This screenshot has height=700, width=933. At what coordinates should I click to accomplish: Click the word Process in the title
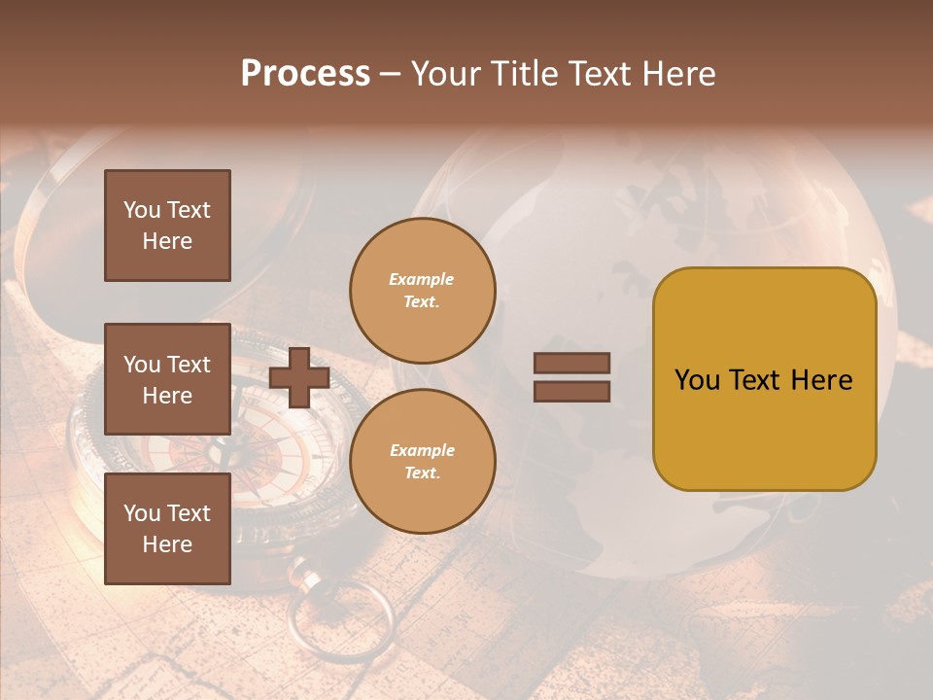tap(305, 74)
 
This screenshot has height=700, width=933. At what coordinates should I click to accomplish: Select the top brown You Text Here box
tap(167, 226)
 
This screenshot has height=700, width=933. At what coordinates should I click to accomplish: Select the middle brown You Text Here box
tap(167, 379)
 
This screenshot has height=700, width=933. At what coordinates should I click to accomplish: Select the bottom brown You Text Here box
tap(167, 529)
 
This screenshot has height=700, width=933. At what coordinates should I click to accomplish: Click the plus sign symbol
tap(299, 377)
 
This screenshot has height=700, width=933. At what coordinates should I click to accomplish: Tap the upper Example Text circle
tap(422, 291)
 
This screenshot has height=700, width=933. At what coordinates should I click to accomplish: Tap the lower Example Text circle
tap(422, 462)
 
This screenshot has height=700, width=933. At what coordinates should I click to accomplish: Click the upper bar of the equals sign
tap(571, 364)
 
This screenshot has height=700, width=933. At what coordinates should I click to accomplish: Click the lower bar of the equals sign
tap(571, 391)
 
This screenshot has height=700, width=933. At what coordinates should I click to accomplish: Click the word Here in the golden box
tap(821, 380)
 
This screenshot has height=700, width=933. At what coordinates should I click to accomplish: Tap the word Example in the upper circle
tap(422, 279)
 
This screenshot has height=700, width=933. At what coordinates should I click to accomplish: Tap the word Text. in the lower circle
tap(422, 473)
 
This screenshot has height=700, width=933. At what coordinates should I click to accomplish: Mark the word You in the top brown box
tap(142, 210)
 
